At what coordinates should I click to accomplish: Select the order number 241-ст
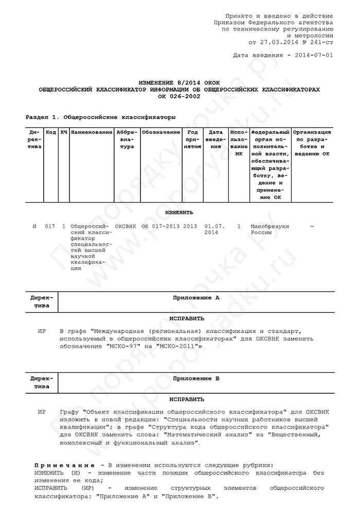tap(320, 43)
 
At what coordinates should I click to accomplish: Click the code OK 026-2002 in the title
tap(179, 96)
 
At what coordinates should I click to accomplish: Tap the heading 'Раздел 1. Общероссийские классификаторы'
tap(97, 117)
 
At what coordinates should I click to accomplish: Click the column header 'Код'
tap(51, 133)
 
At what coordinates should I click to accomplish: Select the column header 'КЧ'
tap(64, 133)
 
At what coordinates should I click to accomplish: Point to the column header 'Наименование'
tap(92, 133)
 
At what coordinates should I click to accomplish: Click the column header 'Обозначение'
tap(161, 133)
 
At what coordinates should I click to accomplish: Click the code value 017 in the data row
tap(50, 226)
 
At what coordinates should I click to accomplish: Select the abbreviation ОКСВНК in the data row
tap(127, 226)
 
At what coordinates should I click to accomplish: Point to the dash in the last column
tap(312, 226)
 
